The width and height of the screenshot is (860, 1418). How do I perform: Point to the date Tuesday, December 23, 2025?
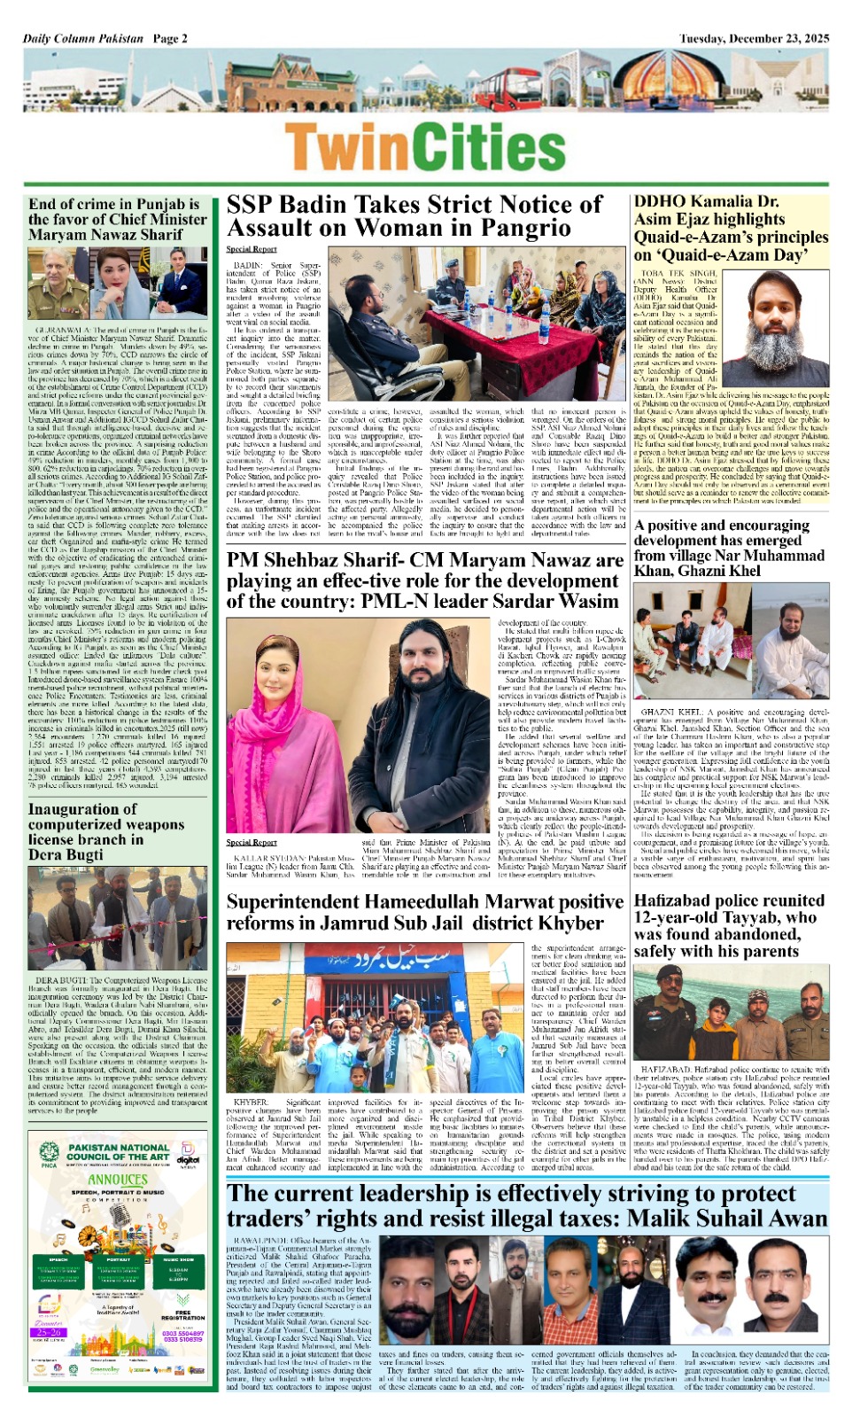pyautogui.click(x=754, y=38)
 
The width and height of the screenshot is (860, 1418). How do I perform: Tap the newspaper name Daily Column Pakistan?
pyautogui.click(x=83, y=38)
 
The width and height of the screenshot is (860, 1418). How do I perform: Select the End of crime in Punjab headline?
pyautogui.click(x=118, y=219)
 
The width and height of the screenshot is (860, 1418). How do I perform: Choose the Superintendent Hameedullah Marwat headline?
pyautogui.click(x=424, y=912)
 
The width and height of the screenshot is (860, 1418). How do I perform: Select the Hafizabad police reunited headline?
pyautogui.click(x=729, y=925)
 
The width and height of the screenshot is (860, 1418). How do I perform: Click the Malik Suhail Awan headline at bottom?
pyautogui.click(x=526, y=1205)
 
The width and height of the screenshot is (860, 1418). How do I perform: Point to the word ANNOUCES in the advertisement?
pyautogui.click(x=117, y=1180)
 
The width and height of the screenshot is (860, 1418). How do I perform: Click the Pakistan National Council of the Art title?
pyautogui.click(x=118, y=1152)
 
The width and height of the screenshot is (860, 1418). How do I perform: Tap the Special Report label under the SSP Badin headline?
pyautogui.click(x=252, y=250)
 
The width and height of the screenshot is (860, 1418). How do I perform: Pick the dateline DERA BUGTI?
pyautogui.click(x=59, y=981)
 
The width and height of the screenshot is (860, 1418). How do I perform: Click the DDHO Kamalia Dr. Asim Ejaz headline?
pyautogui.click(x=731, y=228)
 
